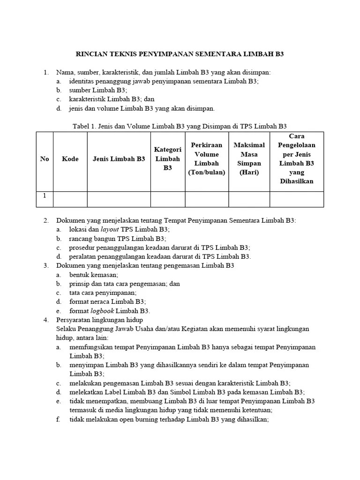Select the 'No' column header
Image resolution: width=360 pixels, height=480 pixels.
[45, 159]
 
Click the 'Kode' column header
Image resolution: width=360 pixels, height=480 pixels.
[70, 159]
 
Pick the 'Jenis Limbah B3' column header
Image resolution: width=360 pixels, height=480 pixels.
[119, 159]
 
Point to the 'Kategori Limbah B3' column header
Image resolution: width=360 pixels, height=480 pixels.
[168, 158]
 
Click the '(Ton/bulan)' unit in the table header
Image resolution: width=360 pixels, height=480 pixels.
[207, 172]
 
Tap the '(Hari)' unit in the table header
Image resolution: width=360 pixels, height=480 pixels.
[249, 172]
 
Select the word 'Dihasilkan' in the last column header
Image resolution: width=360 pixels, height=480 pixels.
[296, 181]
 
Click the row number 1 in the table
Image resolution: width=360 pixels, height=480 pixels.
[45, 196]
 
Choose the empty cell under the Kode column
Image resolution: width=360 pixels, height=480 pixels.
[70, 199]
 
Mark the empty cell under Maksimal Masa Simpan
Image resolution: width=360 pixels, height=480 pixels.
[249, 199]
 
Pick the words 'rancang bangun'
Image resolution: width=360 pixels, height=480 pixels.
[89, 239]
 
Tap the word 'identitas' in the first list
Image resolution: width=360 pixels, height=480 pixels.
[82, 82]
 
